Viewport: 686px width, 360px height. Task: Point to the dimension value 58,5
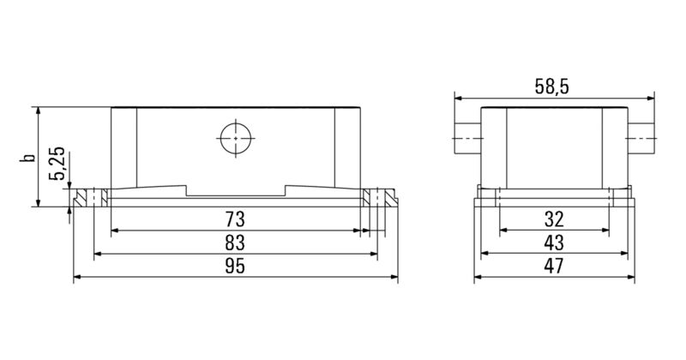click(553, 86)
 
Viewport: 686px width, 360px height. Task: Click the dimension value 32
click(553, 218)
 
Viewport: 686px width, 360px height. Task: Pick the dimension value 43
click(553, 242)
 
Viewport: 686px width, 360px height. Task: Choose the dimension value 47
click(553, 266)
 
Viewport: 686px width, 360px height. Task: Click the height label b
click(28, 157)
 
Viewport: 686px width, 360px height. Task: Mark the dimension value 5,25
click(57, 163)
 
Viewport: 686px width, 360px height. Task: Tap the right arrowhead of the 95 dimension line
click(394, 278)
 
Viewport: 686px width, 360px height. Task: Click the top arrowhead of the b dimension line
click(39, 111)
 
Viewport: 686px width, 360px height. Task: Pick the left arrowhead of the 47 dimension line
click(478, 278)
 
